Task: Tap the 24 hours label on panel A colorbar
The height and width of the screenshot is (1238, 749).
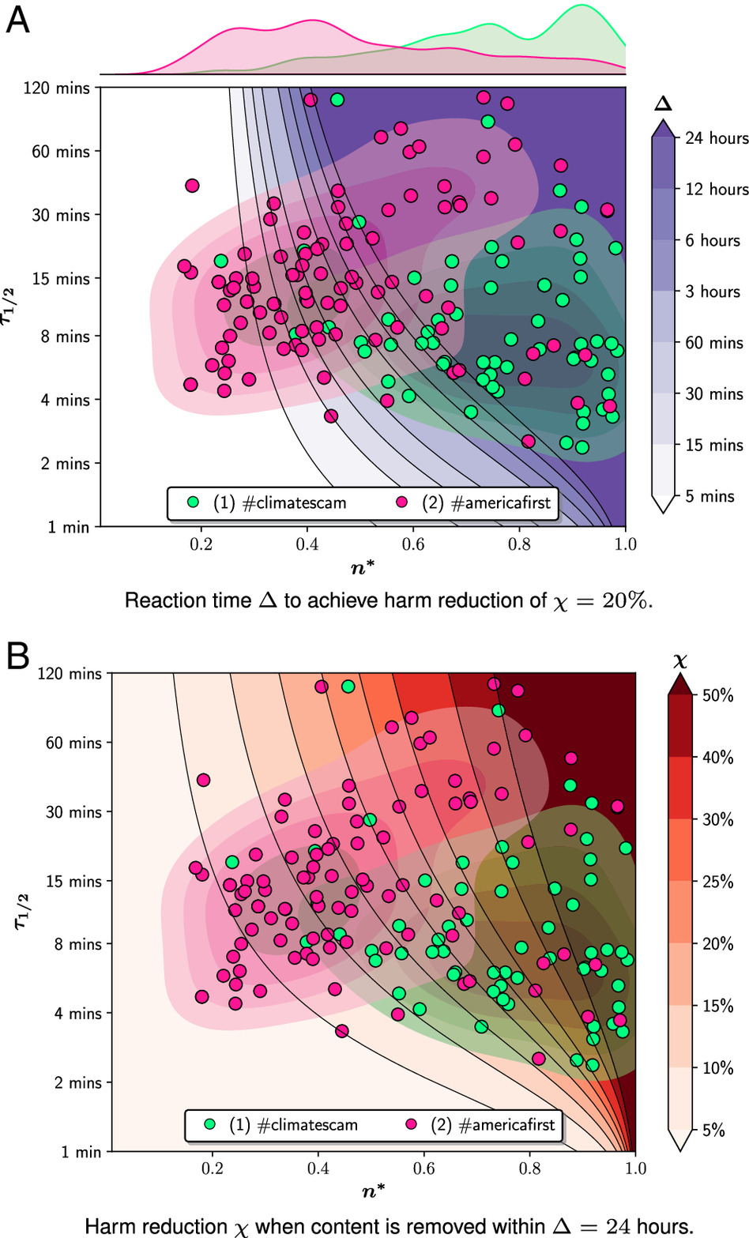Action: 716,138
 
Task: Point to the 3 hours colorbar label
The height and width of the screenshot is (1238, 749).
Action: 713,292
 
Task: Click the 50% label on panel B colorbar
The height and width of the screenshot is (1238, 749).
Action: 717,695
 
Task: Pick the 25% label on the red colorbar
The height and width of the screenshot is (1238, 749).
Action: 717,882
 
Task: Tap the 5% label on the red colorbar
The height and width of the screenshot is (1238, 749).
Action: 713,1131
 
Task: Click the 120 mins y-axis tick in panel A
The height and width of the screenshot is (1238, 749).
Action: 57,88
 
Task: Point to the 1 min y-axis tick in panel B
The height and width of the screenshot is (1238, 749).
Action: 81,1152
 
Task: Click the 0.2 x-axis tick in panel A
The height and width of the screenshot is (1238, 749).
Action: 201,544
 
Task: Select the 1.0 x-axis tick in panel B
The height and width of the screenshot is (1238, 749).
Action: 635,1168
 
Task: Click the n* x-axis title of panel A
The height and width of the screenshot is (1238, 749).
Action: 363,567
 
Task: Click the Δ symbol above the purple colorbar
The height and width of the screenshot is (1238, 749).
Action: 662,103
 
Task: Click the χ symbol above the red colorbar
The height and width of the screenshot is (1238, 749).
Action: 679,660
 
